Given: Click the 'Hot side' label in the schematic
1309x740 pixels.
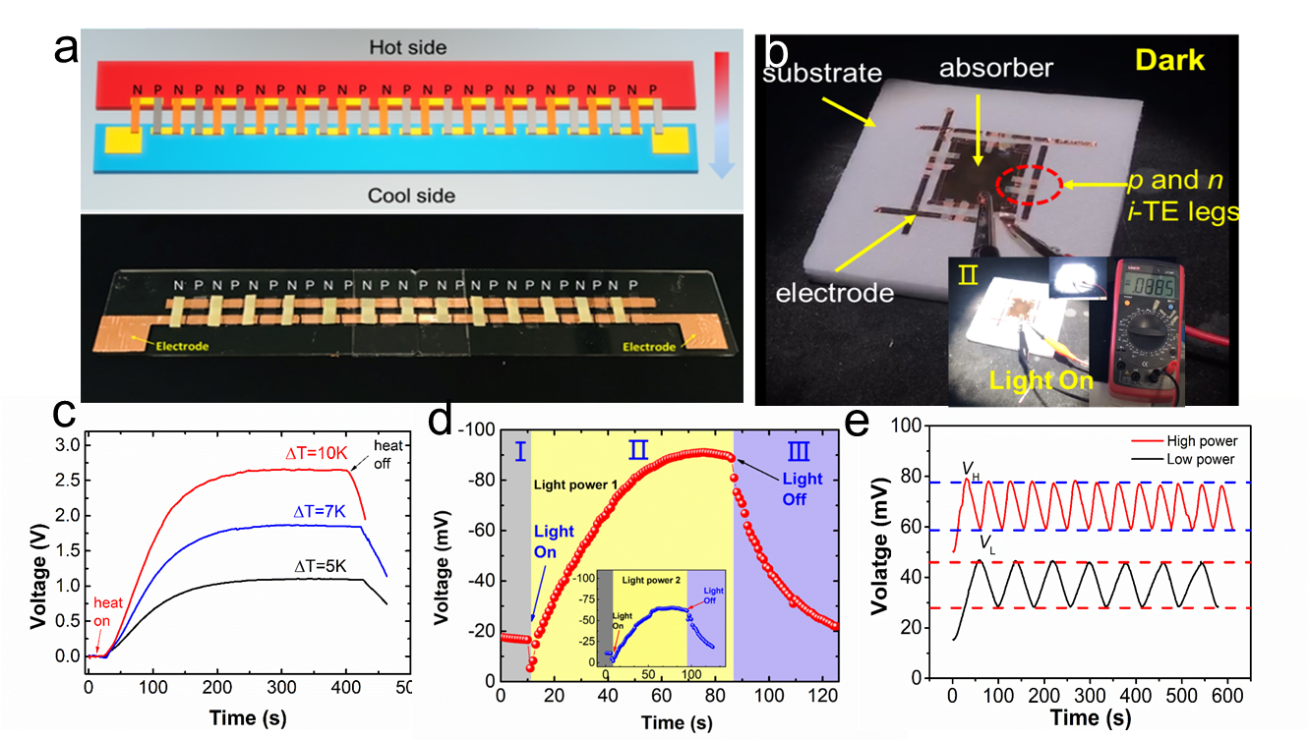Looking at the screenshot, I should (x=408, y=47).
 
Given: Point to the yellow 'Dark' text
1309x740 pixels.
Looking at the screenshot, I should (x=1170, y=60).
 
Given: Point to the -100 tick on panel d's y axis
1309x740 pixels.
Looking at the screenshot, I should (x=479, y=428).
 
